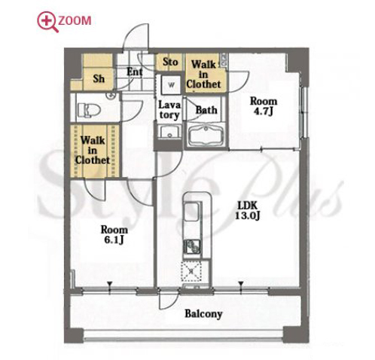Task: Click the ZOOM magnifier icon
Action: (47, 22)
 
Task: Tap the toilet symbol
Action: (89, 110)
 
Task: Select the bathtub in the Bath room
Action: (206, 136)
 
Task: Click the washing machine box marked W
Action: (171, 84)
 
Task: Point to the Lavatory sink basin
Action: (169, 131)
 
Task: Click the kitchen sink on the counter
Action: (191, 212)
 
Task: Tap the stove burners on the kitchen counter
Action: (192, 246)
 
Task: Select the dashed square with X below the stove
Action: (191, 271)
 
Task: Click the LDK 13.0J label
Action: (247, 210)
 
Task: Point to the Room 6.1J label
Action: (114, 235)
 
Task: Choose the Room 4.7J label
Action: (264, 106)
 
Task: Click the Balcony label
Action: (203, 314)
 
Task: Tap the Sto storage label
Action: (170, 62)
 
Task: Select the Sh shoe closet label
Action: (99, 79)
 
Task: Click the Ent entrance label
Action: (135, 72)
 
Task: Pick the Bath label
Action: (206, 110)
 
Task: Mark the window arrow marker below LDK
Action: (241, 284)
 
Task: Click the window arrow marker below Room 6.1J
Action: (109, 284)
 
